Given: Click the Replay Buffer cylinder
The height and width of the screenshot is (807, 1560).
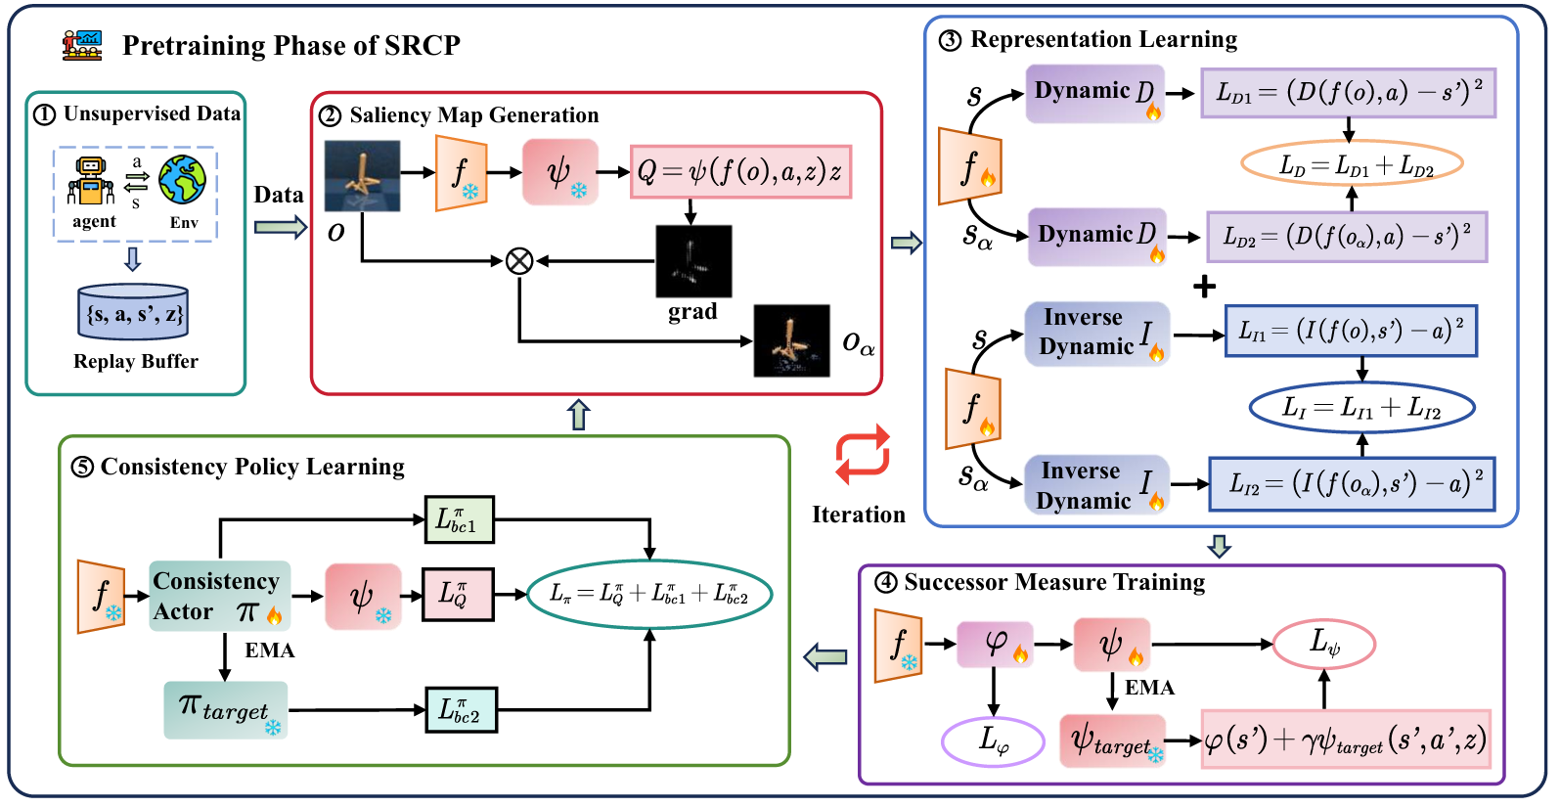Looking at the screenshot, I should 133,312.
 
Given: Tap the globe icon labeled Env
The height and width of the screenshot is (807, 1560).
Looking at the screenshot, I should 182,180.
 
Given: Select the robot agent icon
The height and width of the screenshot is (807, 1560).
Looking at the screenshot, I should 91,181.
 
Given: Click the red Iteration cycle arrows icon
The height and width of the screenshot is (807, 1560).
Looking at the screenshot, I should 862,455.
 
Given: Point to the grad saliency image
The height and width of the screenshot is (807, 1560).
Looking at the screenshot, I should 693,261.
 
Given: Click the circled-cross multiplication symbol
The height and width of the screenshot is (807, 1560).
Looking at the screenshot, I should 519,261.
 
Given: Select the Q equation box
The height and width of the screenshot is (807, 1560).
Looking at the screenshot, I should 740,172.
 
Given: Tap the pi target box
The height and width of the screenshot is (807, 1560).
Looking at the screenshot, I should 226,710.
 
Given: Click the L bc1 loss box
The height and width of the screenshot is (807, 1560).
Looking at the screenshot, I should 459,519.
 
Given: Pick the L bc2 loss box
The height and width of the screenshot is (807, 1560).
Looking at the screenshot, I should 461,710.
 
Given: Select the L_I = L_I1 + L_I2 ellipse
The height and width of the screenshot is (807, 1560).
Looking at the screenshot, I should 1361,408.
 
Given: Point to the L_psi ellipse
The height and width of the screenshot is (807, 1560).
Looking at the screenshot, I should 1324,643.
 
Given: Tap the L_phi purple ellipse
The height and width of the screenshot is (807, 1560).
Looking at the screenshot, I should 994,740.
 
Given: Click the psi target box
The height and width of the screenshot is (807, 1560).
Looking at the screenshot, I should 1113,740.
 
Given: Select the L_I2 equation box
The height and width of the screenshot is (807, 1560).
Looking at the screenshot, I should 1352,483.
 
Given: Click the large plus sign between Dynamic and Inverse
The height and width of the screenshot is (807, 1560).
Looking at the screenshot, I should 1204,287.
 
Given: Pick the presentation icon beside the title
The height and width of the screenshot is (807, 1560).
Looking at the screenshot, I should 82,45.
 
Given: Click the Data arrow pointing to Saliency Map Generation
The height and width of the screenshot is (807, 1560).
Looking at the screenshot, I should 280,227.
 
